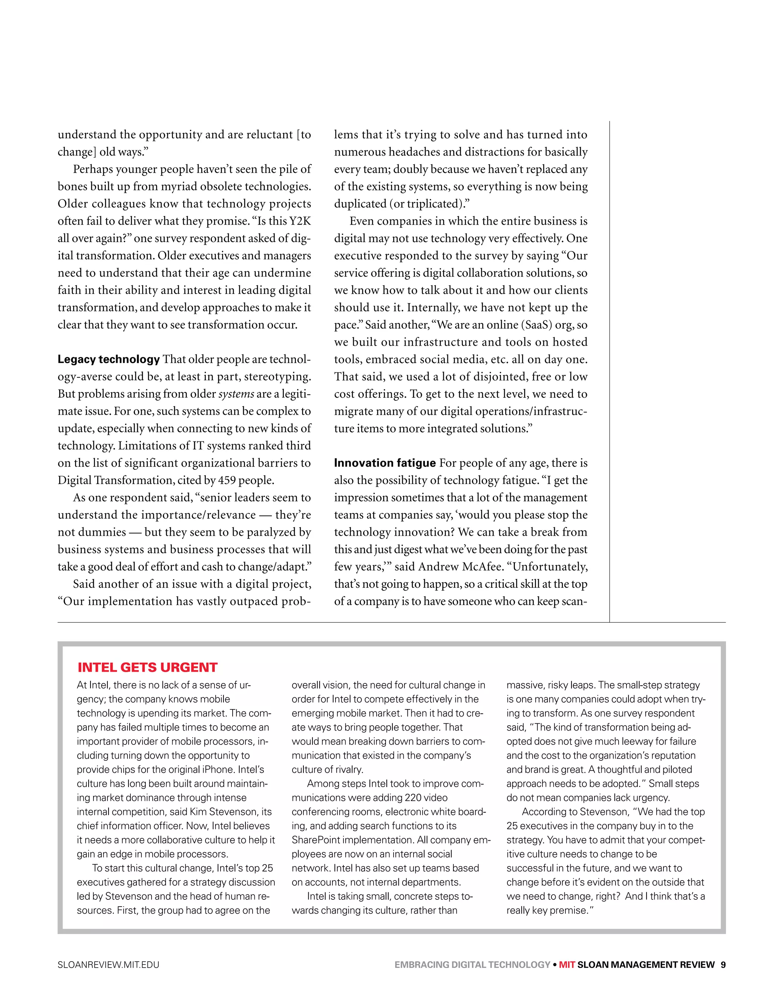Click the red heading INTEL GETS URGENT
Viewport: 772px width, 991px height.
tap(147, 668)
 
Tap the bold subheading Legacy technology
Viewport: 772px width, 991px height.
tap(109, 359)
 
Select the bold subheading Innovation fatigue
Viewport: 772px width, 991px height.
tap(384, 463)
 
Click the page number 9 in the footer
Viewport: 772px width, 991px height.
tap(723, 965)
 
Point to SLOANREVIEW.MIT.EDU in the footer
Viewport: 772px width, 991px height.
tap(109, 965)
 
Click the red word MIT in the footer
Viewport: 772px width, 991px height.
tap(567, 965)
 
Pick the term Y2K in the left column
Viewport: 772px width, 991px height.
tap(300, 221)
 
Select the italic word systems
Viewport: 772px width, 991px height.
tap(236, 394)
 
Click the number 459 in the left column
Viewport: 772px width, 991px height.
tap(227, 481)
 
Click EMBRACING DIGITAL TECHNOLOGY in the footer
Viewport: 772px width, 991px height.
tap(472, 965)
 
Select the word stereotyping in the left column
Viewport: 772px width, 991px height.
tap(280, 377)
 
